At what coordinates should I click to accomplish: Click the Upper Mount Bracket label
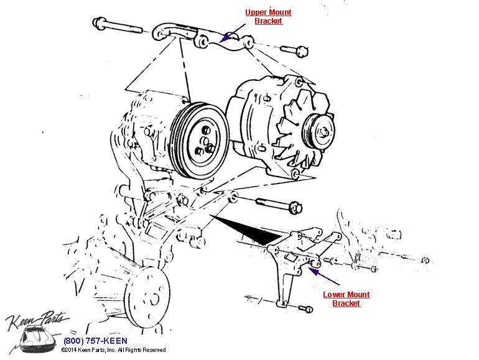(x=268, y=17)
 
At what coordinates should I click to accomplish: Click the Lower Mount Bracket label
(x=346, y=299)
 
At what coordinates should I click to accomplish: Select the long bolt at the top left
(x=122, y=27)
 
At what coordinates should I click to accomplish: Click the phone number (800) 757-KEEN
(x=95, y=341)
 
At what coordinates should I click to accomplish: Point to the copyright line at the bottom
(x=113, y=350)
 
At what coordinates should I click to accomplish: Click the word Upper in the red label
(x=257, y=12)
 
